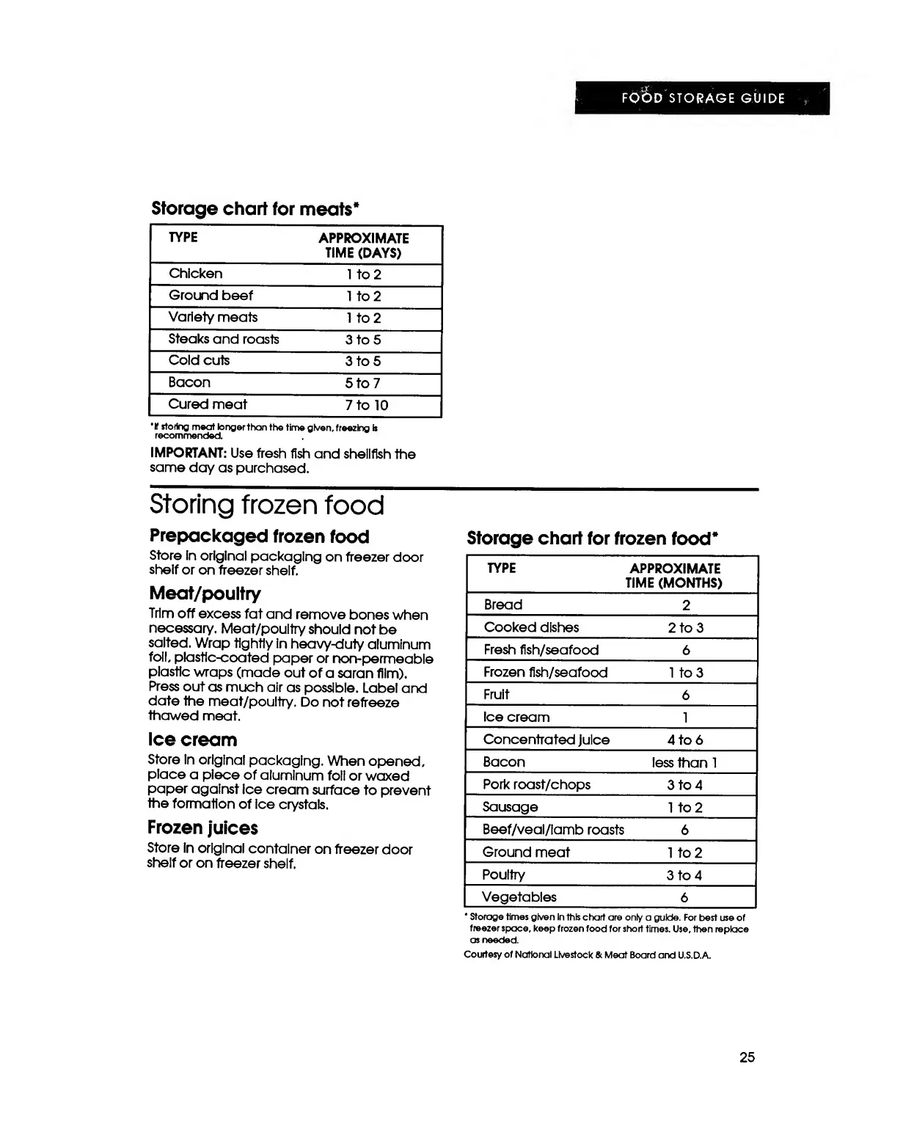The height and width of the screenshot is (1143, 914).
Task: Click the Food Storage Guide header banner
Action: (x=702, y=98)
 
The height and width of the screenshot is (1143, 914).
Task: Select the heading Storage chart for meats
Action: (x=255, y=208)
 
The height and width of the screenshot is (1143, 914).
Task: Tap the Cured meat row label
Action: (x=208, y=404)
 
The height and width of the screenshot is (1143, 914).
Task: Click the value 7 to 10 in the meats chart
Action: (x=366, y=405)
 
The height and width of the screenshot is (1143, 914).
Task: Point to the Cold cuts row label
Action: (x=199, y=360)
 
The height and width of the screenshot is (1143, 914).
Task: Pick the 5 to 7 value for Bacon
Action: (x=362, y=383)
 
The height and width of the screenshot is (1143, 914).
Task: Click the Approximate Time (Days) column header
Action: (x=363, y=245)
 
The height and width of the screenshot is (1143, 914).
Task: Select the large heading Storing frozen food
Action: (x=267, y=505)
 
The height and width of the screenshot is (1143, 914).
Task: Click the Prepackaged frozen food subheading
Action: (x=259, y=536)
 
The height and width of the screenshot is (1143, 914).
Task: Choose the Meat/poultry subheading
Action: (x=205, y=593)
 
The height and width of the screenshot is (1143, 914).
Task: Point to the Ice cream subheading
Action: (x=192, y=740)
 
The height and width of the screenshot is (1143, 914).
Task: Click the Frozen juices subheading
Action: (x=202, y=828)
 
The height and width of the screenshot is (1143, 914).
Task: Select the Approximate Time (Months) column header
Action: (x=674, y=576)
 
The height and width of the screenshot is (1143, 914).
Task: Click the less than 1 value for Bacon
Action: (x=684, y=762)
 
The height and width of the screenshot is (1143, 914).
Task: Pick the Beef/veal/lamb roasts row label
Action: (x=553, y=830)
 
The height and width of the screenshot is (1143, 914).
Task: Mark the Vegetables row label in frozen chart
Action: (x=519, y=897)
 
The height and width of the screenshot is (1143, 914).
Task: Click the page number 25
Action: (x=747, y=1057)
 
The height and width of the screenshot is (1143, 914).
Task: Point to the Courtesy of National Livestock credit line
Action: (x=588, y=955)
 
